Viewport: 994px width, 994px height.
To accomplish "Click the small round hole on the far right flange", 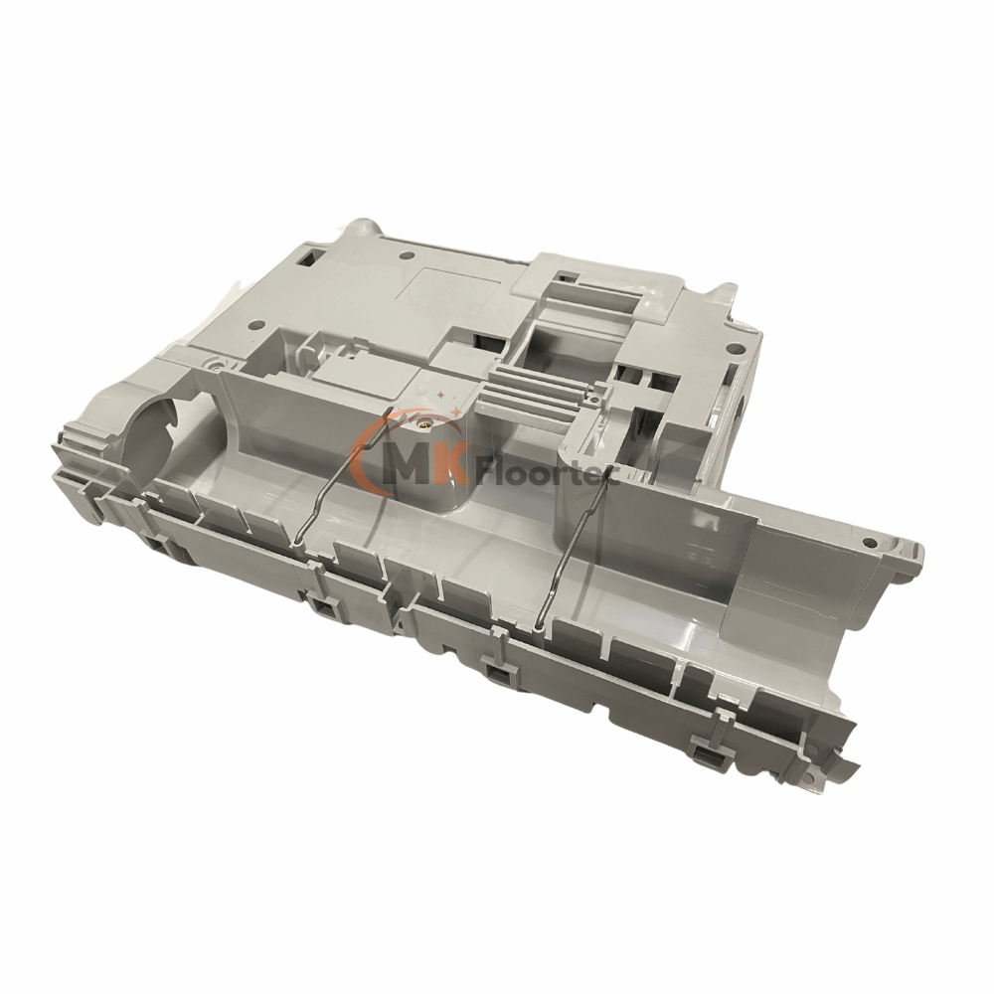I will pyautogui.click(x=870, y=544).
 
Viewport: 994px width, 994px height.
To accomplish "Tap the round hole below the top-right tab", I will pyautogui.click(x=735, y=349).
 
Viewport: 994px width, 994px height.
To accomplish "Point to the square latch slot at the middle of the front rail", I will pyautogui.click(x=494, y=675).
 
